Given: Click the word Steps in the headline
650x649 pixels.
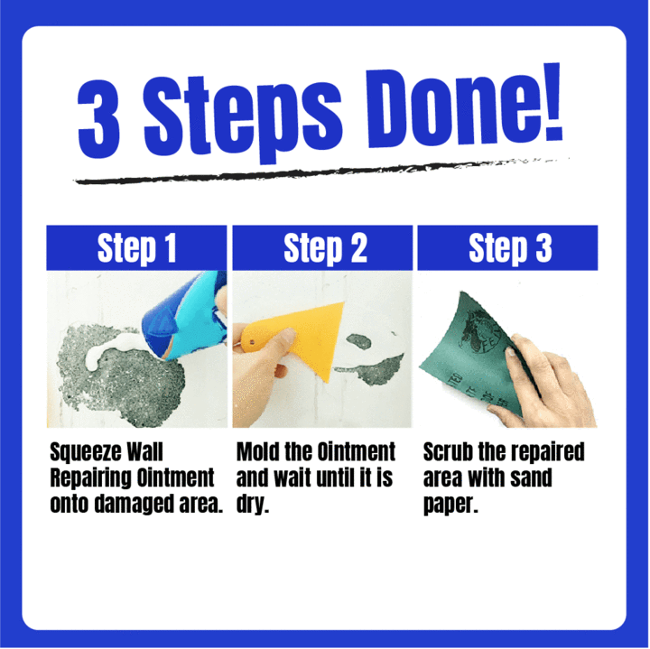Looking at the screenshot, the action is [x=244, y=116].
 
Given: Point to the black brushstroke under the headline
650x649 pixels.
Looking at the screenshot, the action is [x=321, y=171].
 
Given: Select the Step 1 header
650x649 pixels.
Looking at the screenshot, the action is [x=136, y=248].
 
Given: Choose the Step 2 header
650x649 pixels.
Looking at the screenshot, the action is [x=322, y=248].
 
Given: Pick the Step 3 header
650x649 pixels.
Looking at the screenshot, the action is [x=507, y=248].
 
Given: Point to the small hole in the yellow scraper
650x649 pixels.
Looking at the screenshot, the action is [x=252, y=343].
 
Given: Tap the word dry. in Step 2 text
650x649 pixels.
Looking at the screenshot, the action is [x=253, y=505].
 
